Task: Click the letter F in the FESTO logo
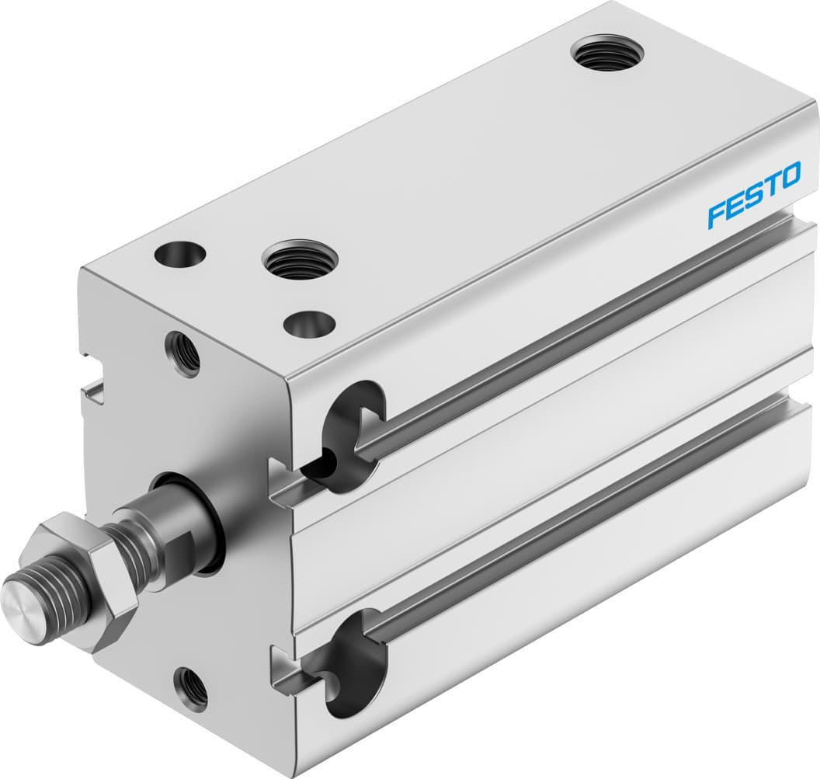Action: coord(716,215)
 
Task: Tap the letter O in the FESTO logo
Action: coord(788,176)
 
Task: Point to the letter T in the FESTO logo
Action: coord(770,186)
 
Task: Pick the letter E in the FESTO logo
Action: coord(734,206)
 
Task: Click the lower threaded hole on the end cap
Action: coord(190,687)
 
